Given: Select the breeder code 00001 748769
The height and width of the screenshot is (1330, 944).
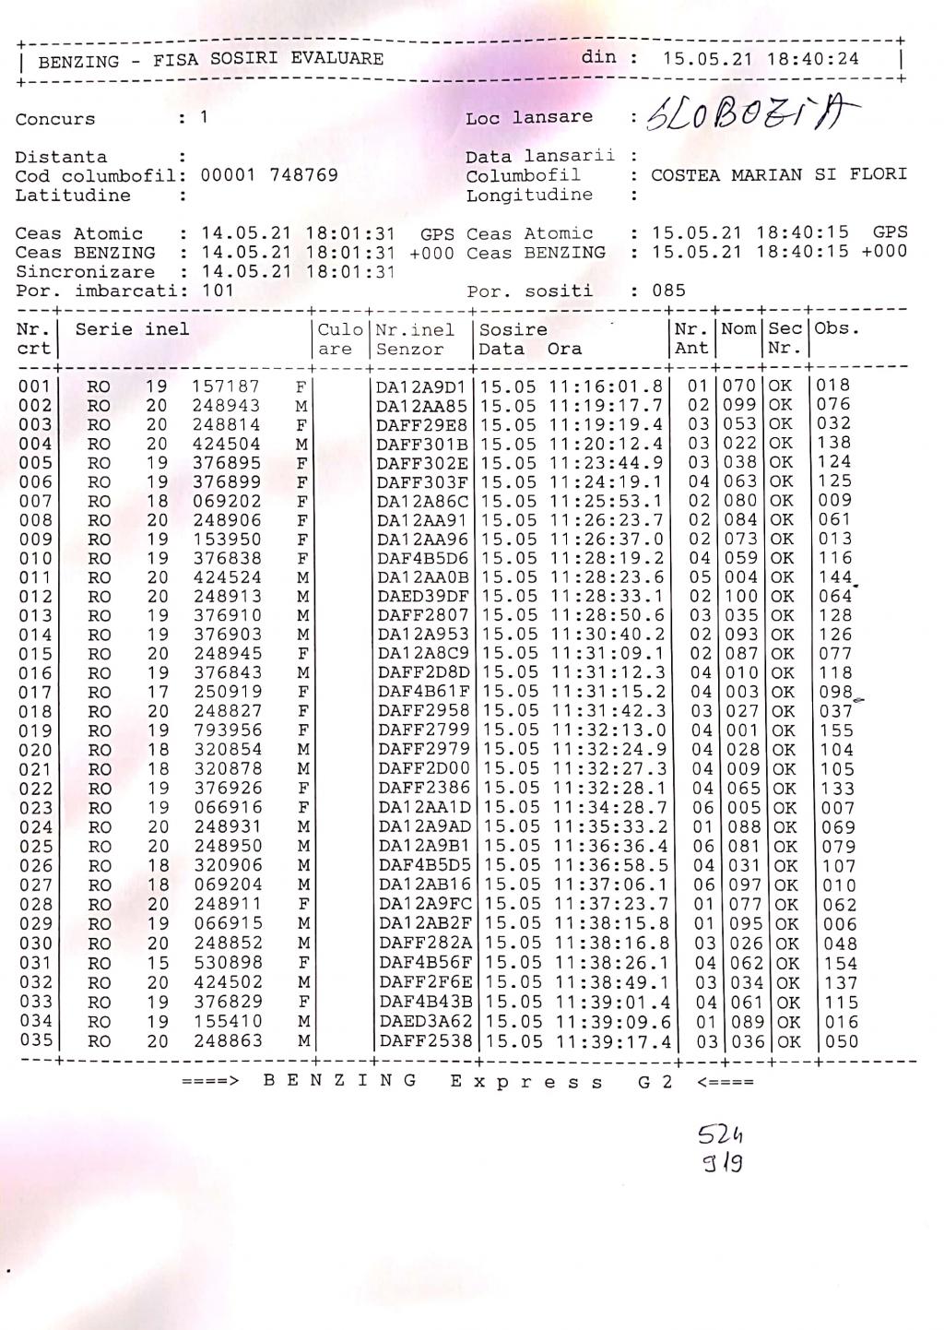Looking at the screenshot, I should click(x=269, y=175).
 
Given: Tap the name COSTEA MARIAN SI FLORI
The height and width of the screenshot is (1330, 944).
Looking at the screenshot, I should click(x=778, y=175).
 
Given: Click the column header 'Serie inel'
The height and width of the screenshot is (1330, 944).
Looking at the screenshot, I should click(x=132, y=329).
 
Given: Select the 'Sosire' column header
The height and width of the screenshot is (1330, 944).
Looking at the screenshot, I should click(x=513, y=329).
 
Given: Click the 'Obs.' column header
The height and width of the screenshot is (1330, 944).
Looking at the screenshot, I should click(x=836, y=329).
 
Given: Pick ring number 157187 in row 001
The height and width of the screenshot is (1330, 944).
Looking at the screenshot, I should click(x=226, y=386).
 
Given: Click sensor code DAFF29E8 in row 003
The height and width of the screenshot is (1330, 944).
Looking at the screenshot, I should click(x=422, y=424).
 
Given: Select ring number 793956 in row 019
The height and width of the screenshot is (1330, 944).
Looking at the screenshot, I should click(x=227, y=730).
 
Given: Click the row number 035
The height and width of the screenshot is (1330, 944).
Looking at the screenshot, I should click(x=36, y=1041).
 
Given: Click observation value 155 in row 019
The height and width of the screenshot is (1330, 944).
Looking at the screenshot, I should click(x=837, y=730).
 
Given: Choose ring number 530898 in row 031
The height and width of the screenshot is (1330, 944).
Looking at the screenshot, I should click(x=228, y=963).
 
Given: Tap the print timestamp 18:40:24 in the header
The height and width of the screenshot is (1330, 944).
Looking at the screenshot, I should click(x=814, y=59).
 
